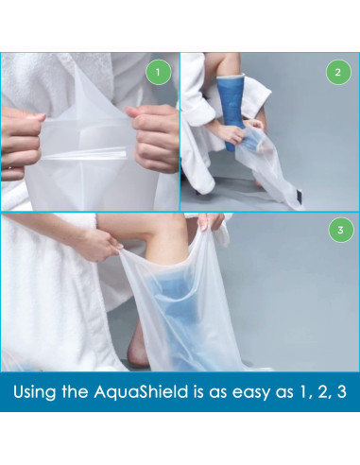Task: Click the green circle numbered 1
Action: coord(158,72)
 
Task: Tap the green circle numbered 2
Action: coord(338,72)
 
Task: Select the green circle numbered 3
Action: coord(340,230)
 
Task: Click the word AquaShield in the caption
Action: coord(141,391)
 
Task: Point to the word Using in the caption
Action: coord(35,392)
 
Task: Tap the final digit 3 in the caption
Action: coord(341,392)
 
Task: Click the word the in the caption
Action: coord(76,391)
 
